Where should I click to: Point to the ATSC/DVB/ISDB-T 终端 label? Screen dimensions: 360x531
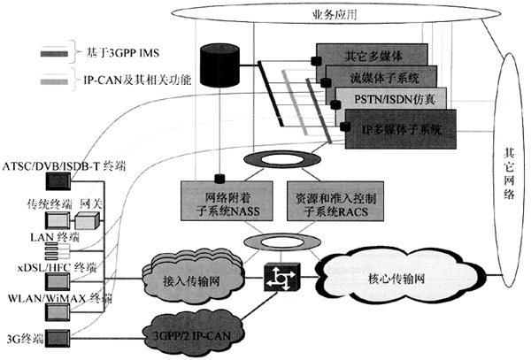coord(55,165)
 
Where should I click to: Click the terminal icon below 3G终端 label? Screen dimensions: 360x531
coord(58,336)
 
